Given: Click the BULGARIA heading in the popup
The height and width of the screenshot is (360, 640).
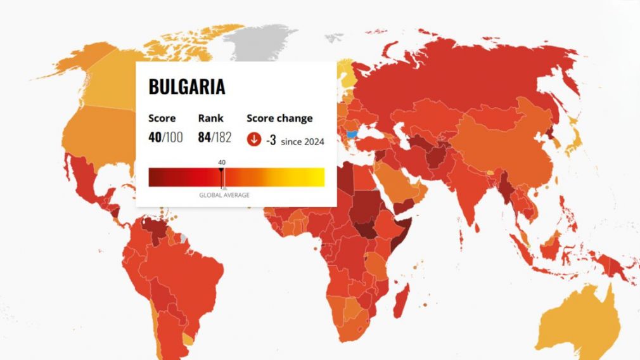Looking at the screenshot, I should tap(186, 87).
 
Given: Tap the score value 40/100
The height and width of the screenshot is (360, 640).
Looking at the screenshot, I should tap(165, 138).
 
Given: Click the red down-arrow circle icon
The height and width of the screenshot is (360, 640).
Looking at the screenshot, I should tap(254, 139).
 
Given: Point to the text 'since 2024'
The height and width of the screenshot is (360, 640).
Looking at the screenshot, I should tap(302, 141).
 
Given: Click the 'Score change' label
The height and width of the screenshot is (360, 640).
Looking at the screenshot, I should tap(279, 119).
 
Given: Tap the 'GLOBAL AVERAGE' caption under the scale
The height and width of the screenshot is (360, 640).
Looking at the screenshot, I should tap(224, 195).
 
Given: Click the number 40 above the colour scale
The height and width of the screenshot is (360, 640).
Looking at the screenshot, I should tap(222, 163).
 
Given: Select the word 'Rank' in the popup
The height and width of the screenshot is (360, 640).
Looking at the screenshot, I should tap(210, 119).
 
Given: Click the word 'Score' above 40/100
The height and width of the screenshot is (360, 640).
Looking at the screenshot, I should tap(162, 119).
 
